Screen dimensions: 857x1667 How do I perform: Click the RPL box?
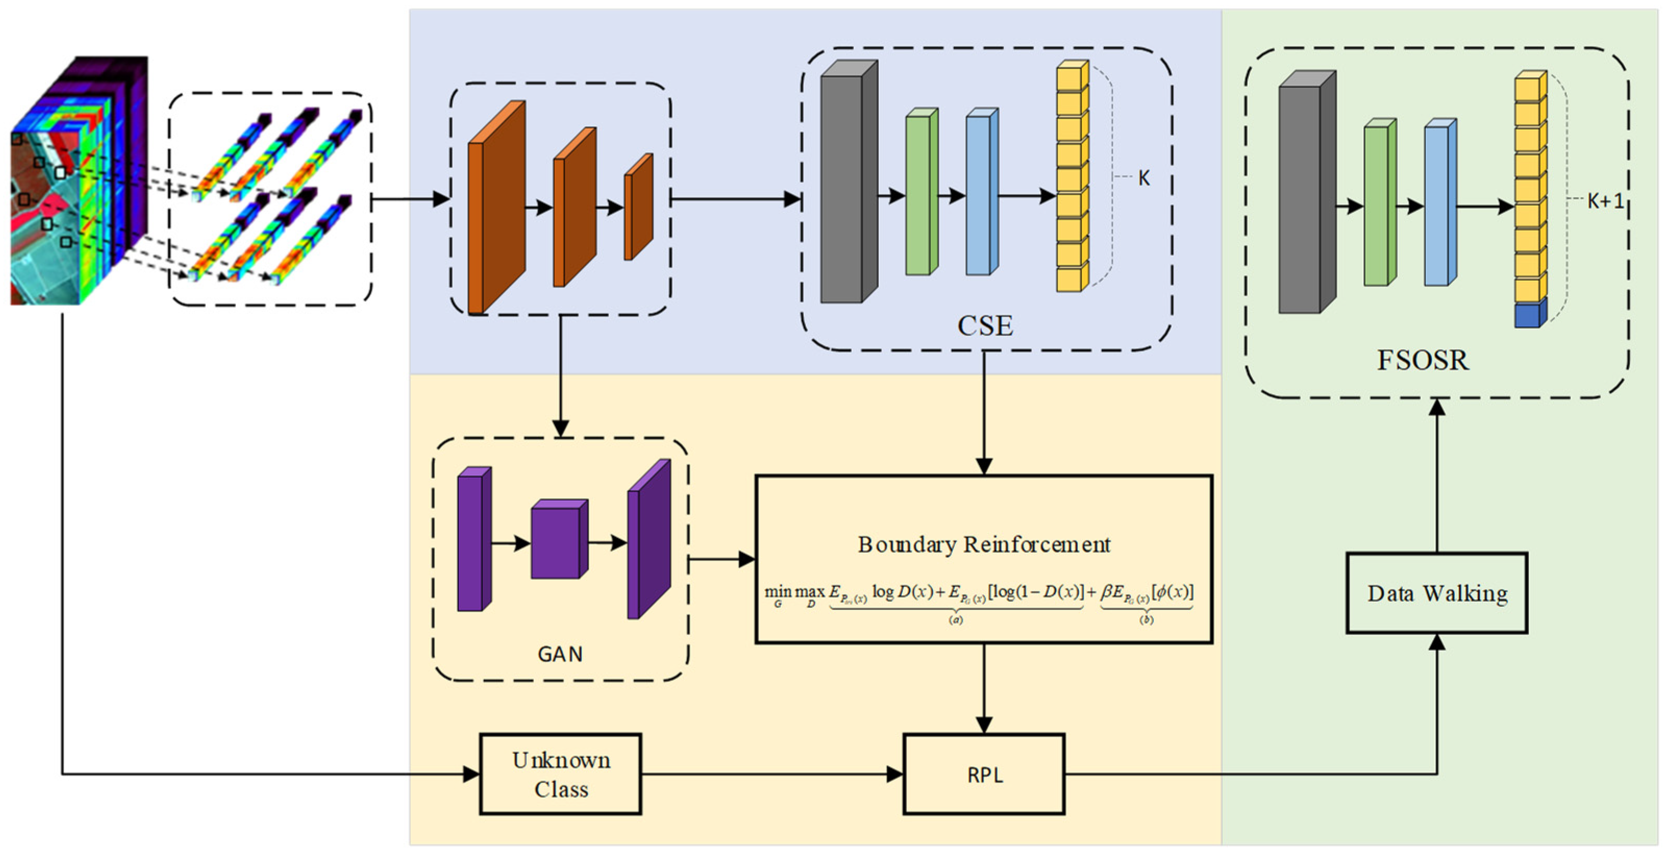click(x=984, y=774)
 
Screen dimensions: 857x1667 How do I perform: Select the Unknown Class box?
click(x=561, y=774)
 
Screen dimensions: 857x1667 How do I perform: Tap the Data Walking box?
click(x=1437, y=593)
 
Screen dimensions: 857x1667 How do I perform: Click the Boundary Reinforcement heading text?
click(x=984, y=544)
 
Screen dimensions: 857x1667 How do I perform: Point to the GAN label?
click(x=560, y=654)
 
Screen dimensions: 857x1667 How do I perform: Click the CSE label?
click(x=985, y=326)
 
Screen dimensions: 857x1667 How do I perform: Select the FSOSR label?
click(x=1422, y=361)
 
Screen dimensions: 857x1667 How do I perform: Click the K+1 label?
click(x=1605, y=201)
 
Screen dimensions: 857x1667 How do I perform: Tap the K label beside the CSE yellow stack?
click(x=1143, y=179)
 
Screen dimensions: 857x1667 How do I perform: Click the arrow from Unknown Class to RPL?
click(x=770, y=774)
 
